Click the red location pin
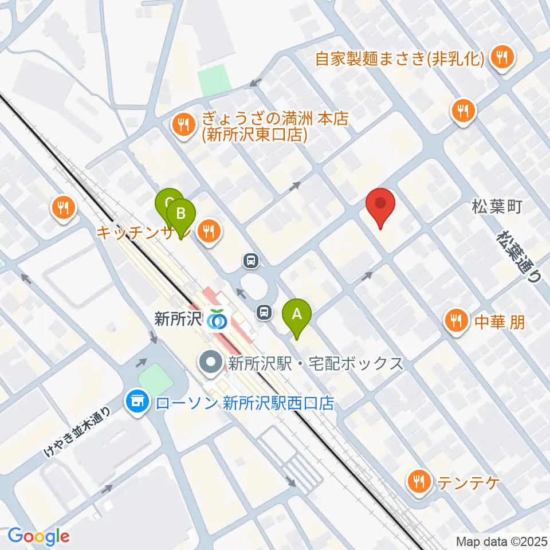point(380,205)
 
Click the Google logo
point(38,536)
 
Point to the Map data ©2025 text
point(501,540)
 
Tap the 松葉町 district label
point(497,207)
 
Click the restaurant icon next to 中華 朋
point(456,321)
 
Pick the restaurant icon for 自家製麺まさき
point(503,58)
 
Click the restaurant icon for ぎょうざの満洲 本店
point(183,124)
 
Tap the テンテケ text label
point(469,483)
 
